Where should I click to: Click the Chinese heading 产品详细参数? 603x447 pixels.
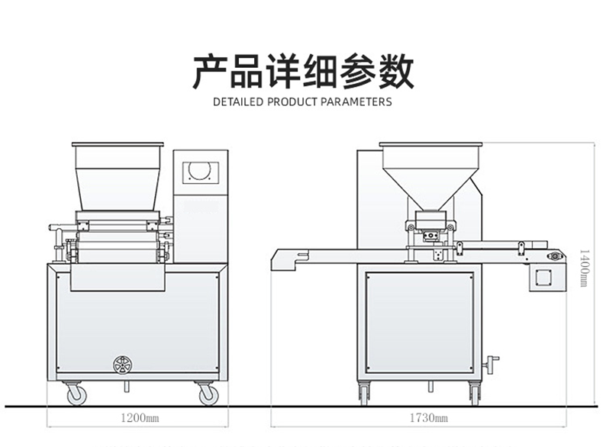[301, 72]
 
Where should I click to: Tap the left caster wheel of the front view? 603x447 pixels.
[76, 394]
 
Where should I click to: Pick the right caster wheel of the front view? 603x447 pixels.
[207, 394]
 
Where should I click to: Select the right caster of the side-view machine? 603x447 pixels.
[474, 394]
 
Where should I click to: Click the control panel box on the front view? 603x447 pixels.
[201, 206]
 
